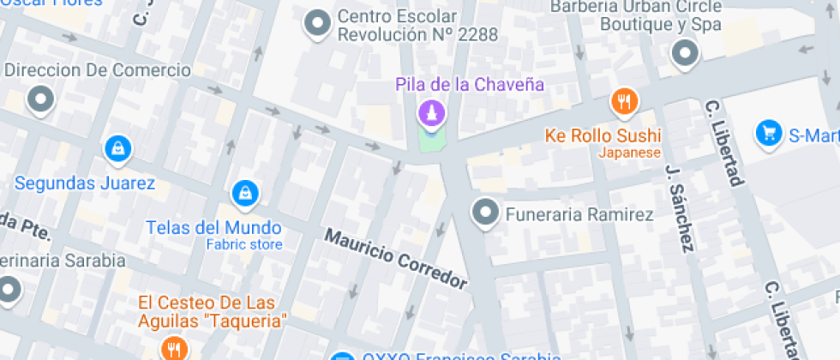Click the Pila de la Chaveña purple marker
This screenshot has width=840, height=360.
point(430,112)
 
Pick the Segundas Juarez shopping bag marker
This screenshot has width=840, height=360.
point(117,148)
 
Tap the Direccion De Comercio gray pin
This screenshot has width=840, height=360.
point(40,100)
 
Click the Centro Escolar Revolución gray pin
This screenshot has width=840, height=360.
point(318,24)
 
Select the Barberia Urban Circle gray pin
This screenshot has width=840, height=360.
point(685,54)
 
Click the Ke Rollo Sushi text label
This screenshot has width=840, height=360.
point(603,136)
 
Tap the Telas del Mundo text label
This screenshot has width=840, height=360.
point(213,228)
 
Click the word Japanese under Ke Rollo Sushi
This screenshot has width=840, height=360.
point(629,153)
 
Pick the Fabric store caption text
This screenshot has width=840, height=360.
point(244,245)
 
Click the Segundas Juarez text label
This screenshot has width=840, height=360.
point(85,183)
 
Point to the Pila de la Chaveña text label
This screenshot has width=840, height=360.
point(470,84)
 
